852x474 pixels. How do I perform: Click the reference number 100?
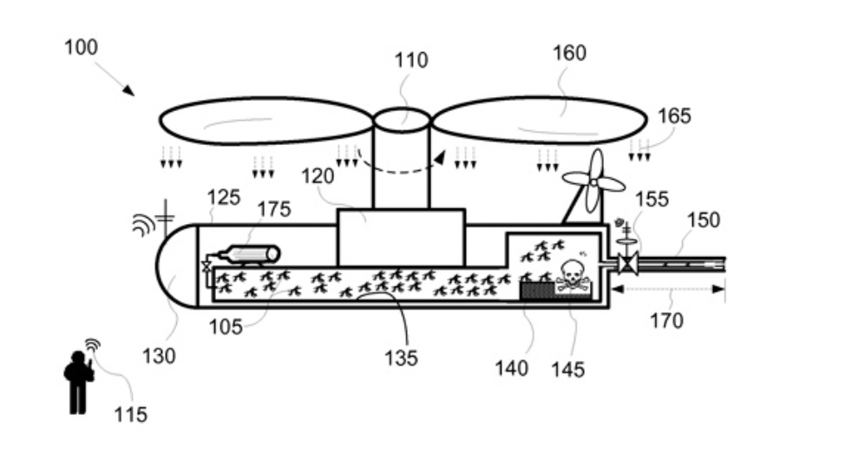pyautogui.click(x=81, y=47)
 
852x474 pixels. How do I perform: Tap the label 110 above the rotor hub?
pyautogui.click(x=410, y=60)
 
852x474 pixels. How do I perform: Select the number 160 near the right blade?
pyautogui.click(x=569, y=53)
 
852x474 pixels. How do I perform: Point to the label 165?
pyautogui.click(x=674, y=115)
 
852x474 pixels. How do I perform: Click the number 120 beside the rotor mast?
pyautogui.click(x=318, y=176)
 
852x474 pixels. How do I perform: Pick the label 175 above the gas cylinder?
pyautogui.click(x=274, y=209)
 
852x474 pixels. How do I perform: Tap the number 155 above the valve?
pyautogui.click(x=652, y=200)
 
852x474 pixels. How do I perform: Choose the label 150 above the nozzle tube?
pyautogui.click(x=703, y=221)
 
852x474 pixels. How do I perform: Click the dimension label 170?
pyautogui.click(x=666, y=320)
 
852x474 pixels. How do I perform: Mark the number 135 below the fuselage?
pyautogui.click(x=401, y=359)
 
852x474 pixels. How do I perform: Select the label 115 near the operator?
pyautogui.click(x=130, y=415)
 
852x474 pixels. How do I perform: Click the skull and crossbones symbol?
pyautogui.click(x=571, y=276)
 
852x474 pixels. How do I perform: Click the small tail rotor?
pyautogui.click(x=594, y=181)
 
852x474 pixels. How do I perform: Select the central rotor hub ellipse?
pyautogui.click(x=402, y=120)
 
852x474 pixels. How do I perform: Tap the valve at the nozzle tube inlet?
pyautogui.click(x=627, y=264)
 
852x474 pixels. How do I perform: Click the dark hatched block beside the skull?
pyautogui.click(x=537, y=290)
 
